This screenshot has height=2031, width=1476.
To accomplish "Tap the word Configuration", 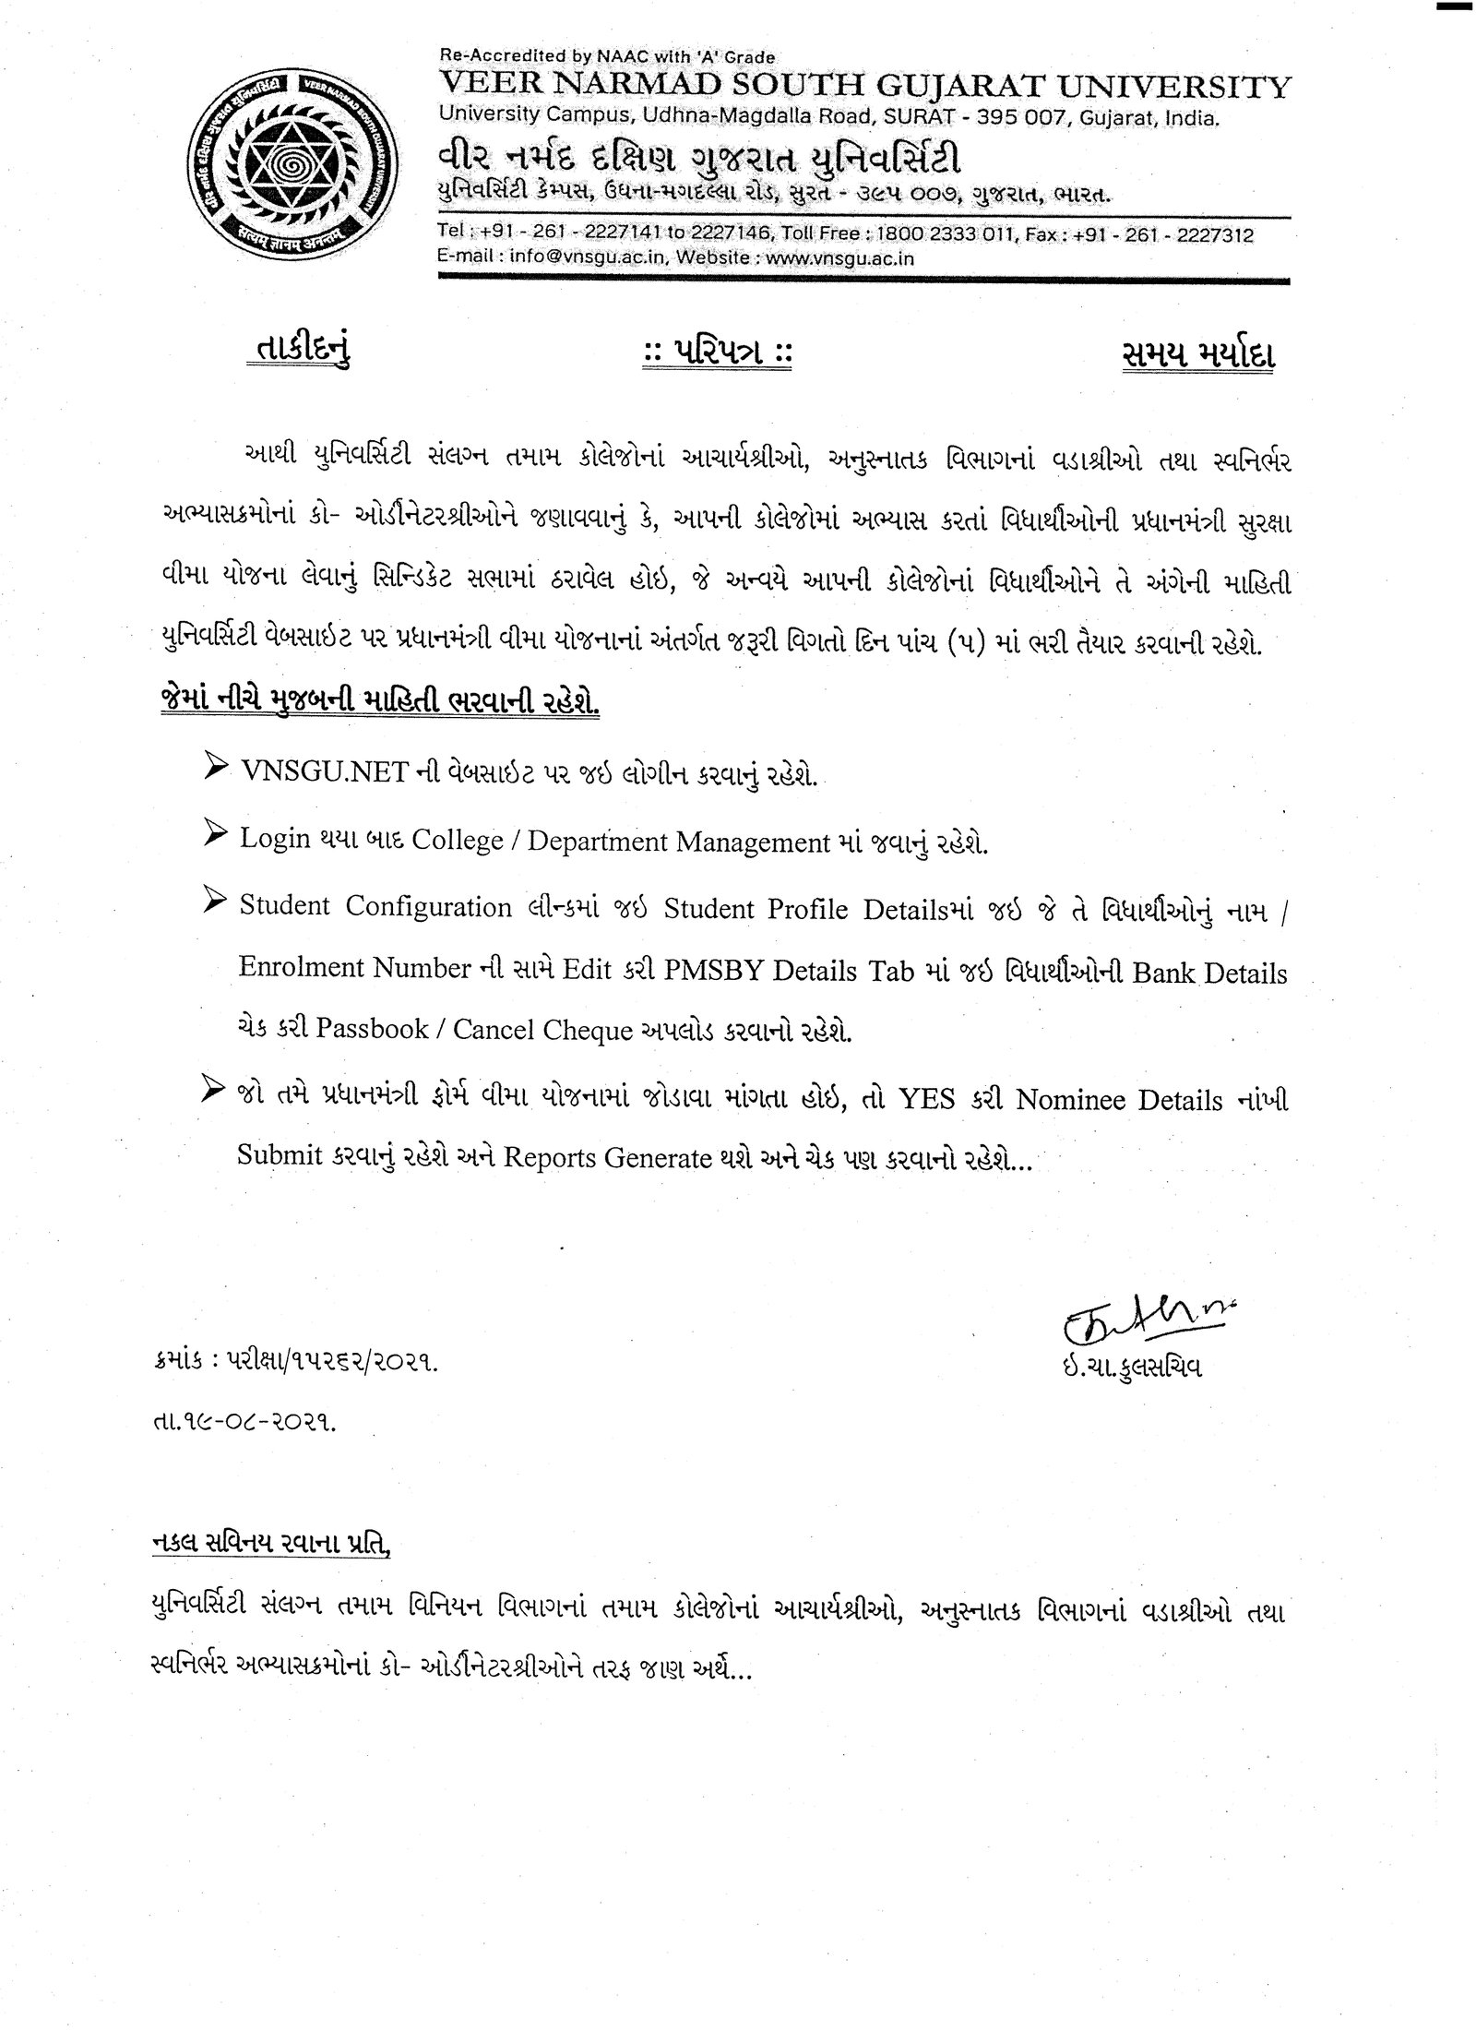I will pyautogui.click(x=428, y=906).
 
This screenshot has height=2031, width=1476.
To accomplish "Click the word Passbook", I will pyautogui.click(x=372, y=1031).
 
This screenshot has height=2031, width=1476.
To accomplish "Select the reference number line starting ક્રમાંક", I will pyautogui.click(x=292, y=1387).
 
